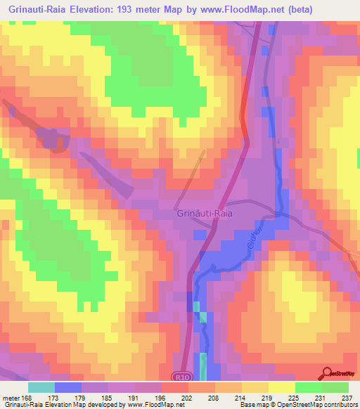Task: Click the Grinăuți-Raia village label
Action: tap(204, 212)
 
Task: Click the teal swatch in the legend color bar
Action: tap(41, 387)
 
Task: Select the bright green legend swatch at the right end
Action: tap(335, 387)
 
